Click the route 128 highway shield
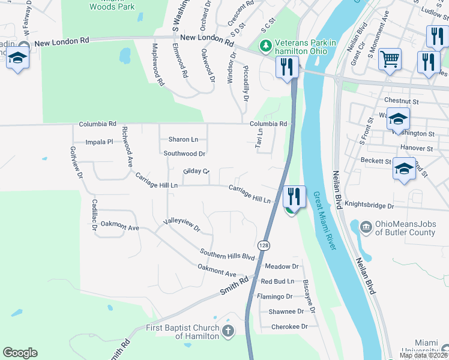click(263, 245)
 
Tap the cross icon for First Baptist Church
click(228, 331)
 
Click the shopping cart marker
click(390, 59)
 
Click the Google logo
click(20, 353)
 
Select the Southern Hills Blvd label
click(228, 254)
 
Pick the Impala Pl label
click(99, 142)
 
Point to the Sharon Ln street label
click(183, 139)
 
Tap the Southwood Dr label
click(185, 154)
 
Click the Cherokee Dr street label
click(289, 327)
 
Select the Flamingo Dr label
click(274, 296)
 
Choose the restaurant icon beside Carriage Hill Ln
click(294, 196)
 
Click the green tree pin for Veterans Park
click(265, 45)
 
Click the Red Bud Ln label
click(277, 281)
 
